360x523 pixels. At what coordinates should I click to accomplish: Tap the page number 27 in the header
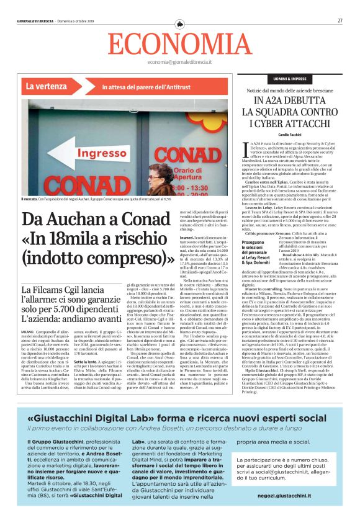340,20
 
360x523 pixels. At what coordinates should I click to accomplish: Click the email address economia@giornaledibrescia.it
179,63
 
